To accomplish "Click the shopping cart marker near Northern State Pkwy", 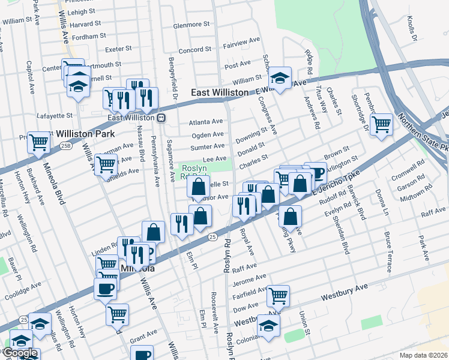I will point(382,125).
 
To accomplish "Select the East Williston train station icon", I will point(161,118).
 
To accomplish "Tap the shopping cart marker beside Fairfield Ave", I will point(278,295).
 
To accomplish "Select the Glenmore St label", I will point(191,26).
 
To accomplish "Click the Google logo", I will point(20,353).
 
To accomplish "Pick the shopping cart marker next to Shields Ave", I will point(106,163).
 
